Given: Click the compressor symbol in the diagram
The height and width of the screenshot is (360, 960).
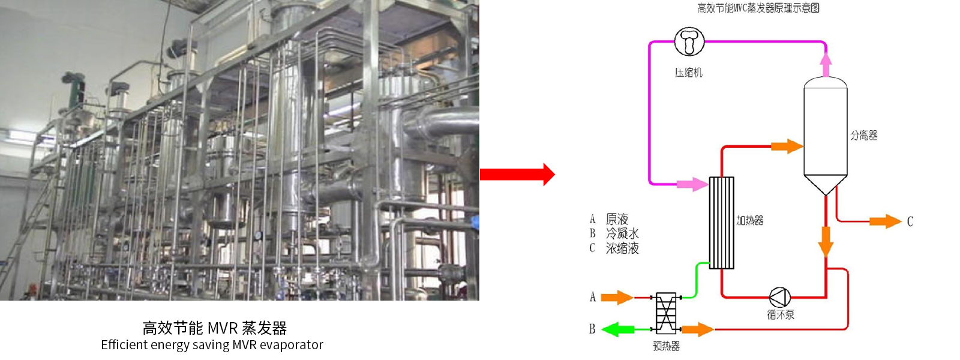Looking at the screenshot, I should point(689,41).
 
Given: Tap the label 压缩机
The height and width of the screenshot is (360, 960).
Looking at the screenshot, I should point(688,73).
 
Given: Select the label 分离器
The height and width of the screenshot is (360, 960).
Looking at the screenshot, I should point(863,136).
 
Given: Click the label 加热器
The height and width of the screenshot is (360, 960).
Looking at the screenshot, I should point(750,221).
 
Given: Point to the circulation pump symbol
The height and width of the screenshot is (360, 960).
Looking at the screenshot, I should point(779,296).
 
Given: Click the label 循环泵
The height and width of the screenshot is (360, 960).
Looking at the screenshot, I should point(780,314).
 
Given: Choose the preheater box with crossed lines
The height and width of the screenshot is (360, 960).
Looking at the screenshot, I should point(665,313).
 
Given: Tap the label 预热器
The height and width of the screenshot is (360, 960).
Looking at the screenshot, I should point(666,346).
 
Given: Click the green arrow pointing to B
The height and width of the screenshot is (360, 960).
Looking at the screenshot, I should point(618,329).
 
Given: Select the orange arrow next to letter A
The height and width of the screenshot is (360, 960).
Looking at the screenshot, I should point(617,297).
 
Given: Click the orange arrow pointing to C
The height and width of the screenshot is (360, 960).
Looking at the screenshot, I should point(886,221).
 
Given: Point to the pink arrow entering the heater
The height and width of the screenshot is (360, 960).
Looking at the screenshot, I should point(692,184).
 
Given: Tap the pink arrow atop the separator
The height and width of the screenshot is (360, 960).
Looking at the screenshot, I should point(826,65).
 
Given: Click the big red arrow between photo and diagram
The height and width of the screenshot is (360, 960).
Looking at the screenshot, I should point(517,175).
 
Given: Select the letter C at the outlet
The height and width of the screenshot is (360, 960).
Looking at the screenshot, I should point(910,222).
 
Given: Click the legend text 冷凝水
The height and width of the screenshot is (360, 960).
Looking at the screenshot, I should point(622,233).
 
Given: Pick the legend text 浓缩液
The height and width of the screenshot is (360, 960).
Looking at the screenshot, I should point(622,248).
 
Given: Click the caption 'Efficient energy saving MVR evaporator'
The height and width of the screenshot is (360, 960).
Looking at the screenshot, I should point(212,345).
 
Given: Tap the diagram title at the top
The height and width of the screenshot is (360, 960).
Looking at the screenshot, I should point(758,8).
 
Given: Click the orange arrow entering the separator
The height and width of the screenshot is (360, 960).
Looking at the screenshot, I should point(787,146).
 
